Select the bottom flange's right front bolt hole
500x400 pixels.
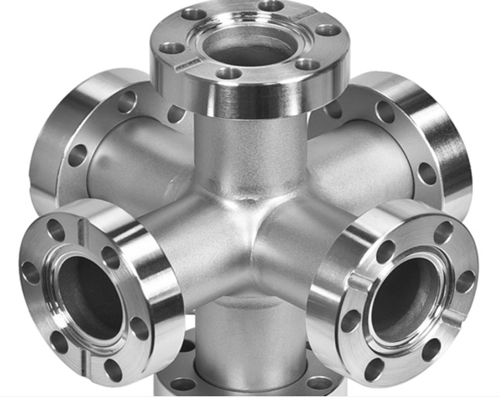319,382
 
